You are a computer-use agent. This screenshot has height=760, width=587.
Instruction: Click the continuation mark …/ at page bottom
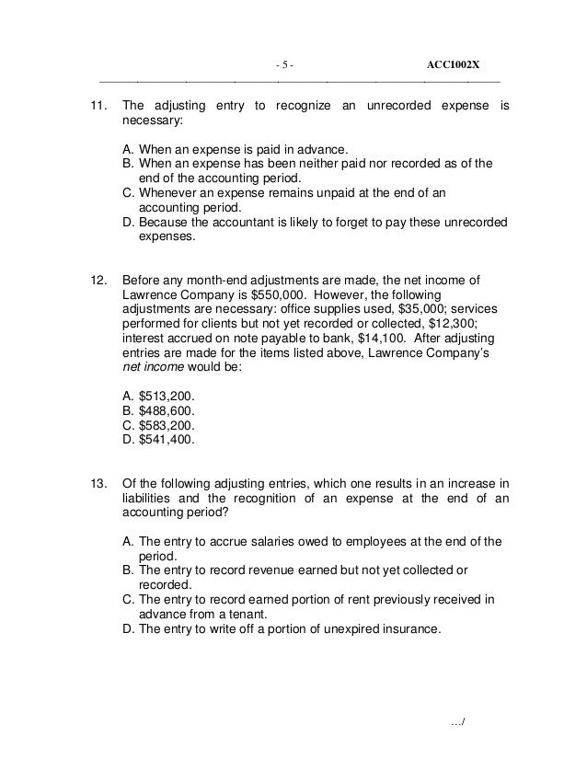[458, 720]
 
